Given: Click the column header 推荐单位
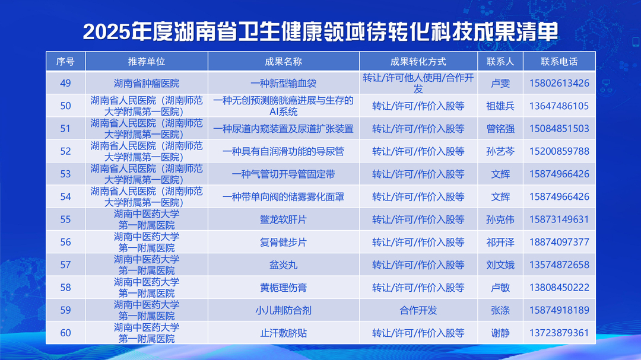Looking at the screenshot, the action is [147, 62].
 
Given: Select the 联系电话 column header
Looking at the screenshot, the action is [559, 62].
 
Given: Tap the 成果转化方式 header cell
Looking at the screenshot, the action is [418, 62].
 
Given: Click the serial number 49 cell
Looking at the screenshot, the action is [65, 84].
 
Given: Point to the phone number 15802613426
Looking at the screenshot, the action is [559, 84].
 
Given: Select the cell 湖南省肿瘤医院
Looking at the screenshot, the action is [147, 84].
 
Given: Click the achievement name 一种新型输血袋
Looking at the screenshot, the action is [283, 84].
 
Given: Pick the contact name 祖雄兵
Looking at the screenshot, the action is [500, 106].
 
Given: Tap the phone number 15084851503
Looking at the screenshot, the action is [559, 129].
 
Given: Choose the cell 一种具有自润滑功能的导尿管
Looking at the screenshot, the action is [283, 152].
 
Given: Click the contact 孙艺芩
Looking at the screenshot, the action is [500, 152].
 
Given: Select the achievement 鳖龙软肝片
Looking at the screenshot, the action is [283, 219].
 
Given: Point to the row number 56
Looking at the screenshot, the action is [65, 243].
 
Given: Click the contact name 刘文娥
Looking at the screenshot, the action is [500, 265].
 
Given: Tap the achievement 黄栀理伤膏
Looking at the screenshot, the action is [283, 288].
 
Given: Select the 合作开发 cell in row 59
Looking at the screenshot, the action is [418, 310].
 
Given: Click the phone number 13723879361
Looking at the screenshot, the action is [559, 333].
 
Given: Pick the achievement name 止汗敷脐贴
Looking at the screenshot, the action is [283, 333].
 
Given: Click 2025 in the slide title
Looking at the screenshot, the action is [106, 32].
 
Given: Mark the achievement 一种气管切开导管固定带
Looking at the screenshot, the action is [283, 174].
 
